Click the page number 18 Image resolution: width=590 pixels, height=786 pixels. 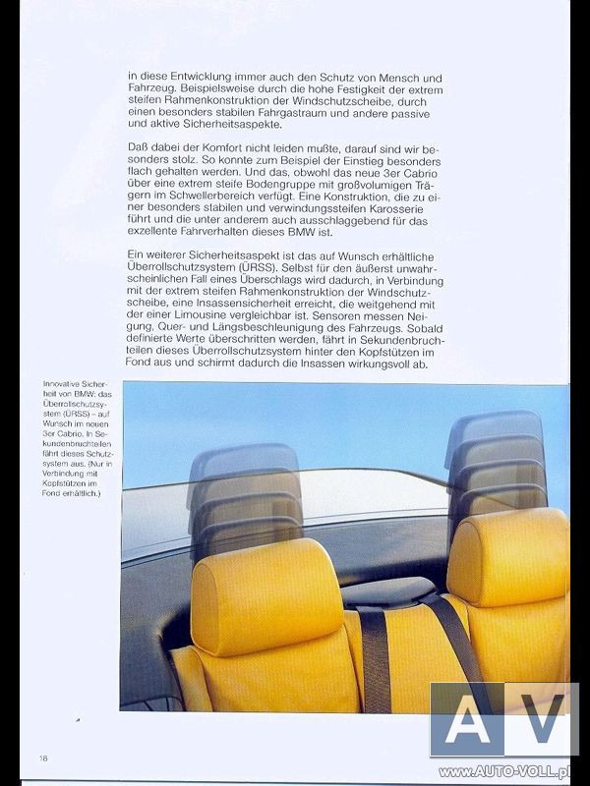pyautogui.click(x=44, y=758)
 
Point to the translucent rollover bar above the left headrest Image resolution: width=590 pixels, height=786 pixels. pyautogui.click(x=246, y=491)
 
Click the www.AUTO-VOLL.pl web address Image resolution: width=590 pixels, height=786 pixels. pyautogui.click(x=505, y=772)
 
